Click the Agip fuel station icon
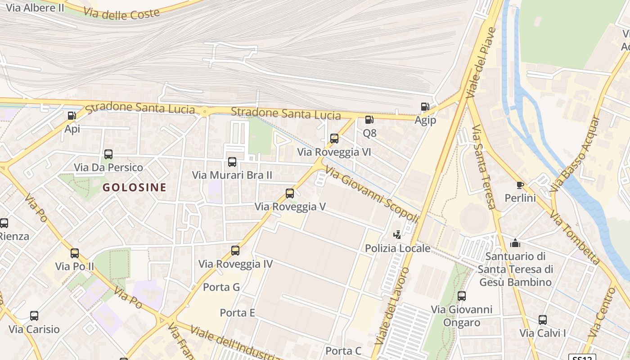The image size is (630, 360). point(425,107)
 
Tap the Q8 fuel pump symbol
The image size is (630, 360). point(369,120)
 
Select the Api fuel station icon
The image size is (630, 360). point(72,116)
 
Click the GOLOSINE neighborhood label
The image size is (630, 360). point(135,188)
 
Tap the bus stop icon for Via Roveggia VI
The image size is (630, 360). point(334,139)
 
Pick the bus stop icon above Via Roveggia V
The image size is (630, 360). point(290,193)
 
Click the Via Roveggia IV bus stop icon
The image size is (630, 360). point(235,251)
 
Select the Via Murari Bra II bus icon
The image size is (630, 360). point(232,162)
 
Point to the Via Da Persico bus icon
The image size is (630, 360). point(108,154)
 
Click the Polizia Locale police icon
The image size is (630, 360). point(397,234)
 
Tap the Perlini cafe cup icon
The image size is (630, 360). point(520,185)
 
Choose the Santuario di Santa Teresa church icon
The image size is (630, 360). point(515,243)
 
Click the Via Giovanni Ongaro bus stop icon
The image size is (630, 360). point(462,296)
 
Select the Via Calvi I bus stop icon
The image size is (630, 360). point(543,320)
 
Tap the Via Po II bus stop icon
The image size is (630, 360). point(75,253)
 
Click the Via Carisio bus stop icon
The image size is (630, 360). point(34,316)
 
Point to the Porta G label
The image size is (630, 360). point(221,287)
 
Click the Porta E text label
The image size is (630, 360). point(238,312)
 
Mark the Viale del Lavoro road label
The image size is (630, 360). point(392,306)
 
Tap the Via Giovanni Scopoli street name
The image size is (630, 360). point(372,194)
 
